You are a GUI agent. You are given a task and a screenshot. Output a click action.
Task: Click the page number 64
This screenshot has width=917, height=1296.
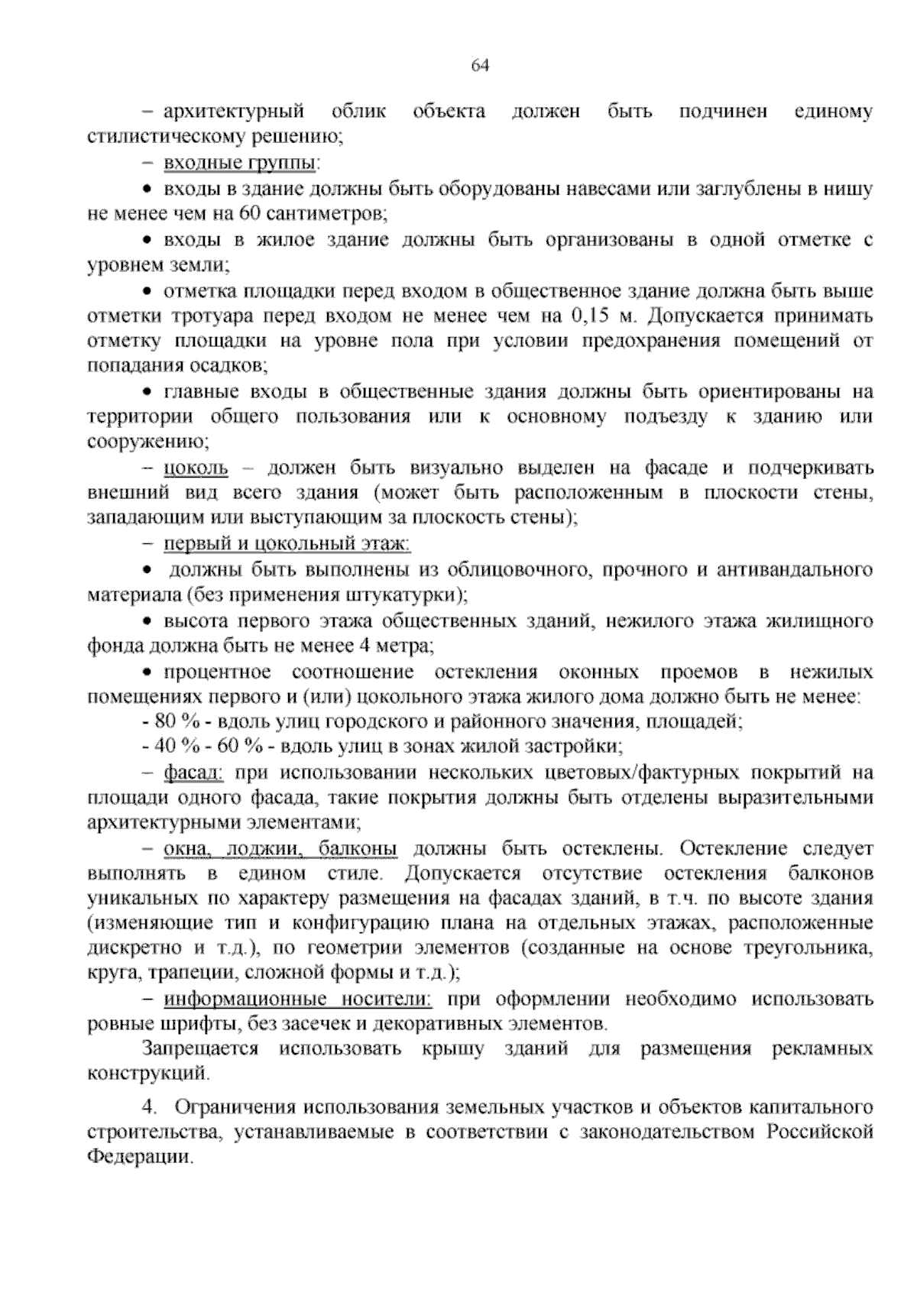(x=480, y=66)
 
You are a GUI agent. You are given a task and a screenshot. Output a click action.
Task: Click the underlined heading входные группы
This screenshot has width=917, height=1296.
(x=241, y=163)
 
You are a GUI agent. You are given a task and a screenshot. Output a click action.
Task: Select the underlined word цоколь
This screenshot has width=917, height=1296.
(x=196, y=467)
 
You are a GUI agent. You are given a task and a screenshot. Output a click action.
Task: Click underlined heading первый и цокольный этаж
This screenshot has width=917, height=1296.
(x=287, y=543)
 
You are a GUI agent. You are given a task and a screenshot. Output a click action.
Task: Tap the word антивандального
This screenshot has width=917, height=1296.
(x=794, y=569)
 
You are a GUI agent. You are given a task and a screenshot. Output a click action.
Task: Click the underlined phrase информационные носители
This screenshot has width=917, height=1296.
(x=298, y=1000)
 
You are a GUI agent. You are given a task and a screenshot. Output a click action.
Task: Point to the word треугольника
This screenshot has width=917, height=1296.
(x=818, y=948)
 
